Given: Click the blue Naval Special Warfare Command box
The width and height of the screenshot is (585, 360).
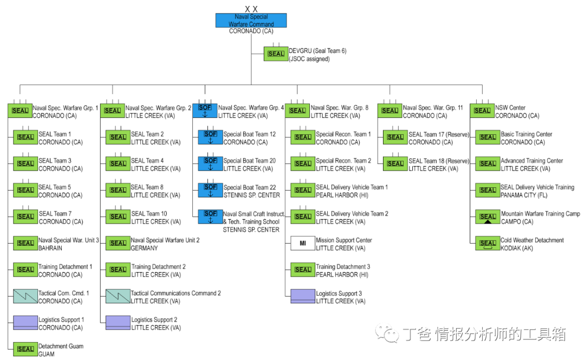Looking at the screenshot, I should pos(251,21).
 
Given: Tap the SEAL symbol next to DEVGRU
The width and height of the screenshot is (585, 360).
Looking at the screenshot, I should pos(276,54).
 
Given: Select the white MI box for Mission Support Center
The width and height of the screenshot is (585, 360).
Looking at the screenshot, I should pos(303,243).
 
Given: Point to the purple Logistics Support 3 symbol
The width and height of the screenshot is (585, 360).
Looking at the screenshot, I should pos(303,296).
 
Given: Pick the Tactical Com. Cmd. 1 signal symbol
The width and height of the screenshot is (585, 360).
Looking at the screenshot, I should pos(25,296).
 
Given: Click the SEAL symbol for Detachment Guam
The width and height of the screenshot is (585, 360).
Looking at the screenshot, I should pos(25,349).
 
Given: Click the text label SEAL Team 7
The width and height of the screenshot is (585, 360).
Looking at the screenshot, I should pos(55,213).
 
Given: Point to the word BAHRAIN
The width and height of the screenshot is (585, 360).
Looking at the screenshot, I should pos(50,248).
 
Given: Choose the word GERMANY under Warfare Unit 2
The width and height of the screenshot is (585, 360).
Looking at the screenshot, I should pos(145,248).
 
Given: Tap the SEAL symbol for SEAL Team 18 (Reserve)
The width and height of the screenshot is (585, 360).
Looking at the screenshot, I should pos(395,163).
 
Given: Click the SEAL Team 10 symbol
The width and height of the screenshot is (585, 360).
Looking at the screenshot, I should pos(118,217).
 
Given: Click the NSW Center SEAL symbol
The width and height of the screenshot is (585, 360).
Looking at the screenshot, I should pos(482,110).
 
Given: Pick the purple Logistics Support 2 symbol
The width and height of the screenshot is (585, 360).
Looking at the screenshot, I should pos(118,323).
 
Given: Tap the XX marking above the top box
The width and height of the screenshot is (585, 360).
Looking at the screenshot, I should pos(251,9).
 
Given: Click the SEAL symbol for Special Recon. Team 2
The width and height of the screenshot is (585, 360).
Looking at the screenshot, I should pos(303,163).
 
